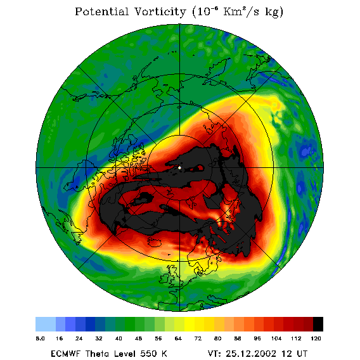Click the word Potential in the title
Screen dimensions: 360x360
101,12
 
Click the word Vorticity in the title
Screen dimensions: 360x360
160,12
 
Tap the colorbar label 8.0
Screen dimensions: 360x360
41,338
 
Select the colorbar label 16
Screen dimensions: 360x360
60,338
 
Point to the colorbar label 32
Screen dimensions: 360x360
99,338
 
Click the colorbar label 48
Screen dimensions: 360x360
138,338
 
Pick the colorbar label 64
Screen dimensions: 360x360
178,338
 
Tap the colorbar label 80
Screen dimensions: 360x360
217,338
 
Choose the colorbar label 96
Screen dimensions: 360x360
257,338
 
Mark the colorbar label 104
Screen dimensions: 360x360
276,338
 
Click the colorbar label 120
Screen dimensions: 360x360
316,338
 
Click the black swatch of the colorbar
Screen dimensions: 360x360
318,324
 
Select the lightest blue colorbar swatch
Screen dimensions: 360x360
46,324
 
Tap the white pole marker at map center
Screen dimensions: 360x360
179,168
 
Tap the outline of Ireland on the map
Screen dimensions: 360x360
164,278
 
